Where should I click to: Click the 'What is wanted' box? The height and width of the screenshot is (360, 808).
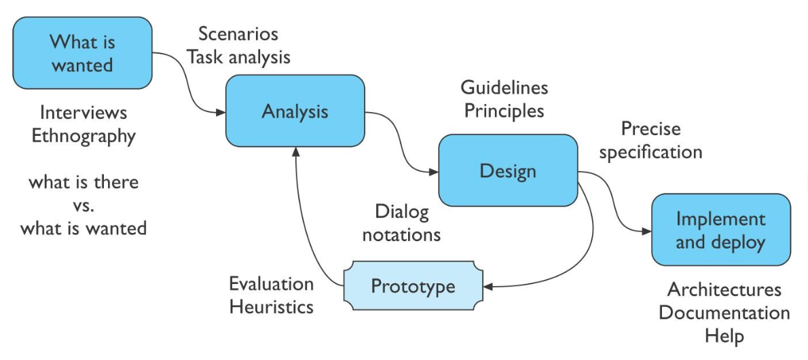click(82, 53)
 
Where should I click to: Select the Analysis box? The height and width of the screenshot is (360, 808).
click(295, 111)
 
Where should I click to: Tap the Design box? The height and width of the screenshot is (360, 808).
click(508, 170)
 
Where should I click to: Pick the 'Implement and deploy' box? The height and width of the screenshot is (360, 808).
click(720, 230)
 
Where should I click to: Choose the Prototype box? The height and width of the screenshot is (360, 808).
click(413, 286)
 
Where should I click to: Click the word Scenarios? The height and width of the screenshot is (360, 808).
click(238, 34)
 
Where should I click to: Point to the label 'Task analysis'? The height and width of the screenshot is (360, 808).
click(239, 57)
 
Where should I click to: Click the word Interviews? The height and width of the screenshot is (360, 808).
click(84, 112)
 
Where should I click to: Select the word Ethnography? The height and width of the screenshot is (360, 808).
click(84, 136)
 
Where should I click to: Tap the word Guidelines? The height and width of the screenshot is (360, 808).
click(504, 88)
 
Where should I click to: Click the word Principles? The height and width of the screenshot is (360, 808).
click(504, 111)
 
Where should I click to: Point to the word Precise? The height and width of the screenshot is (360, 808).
click(650, 128)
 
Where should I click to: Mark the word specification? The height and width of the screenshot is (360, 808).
click(650, 151)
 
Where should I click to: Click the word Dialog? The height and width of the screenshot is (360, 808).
click(401, 212)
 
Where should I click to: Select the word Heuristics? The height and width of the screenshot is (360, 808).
click(272, 306)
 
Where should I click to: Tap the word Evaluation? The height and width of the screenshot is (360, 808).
click(272, 283)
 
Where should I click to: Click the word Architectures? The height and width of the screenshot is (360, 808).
click(724, 290)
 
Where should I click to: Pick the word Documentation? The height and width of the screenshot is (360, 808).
click(724, 313)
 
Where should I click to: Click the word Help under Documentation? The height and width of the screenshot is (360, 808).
click(724, 336)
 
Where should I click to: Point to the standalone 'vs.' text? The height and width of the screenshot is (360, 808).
click(84, 205)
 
